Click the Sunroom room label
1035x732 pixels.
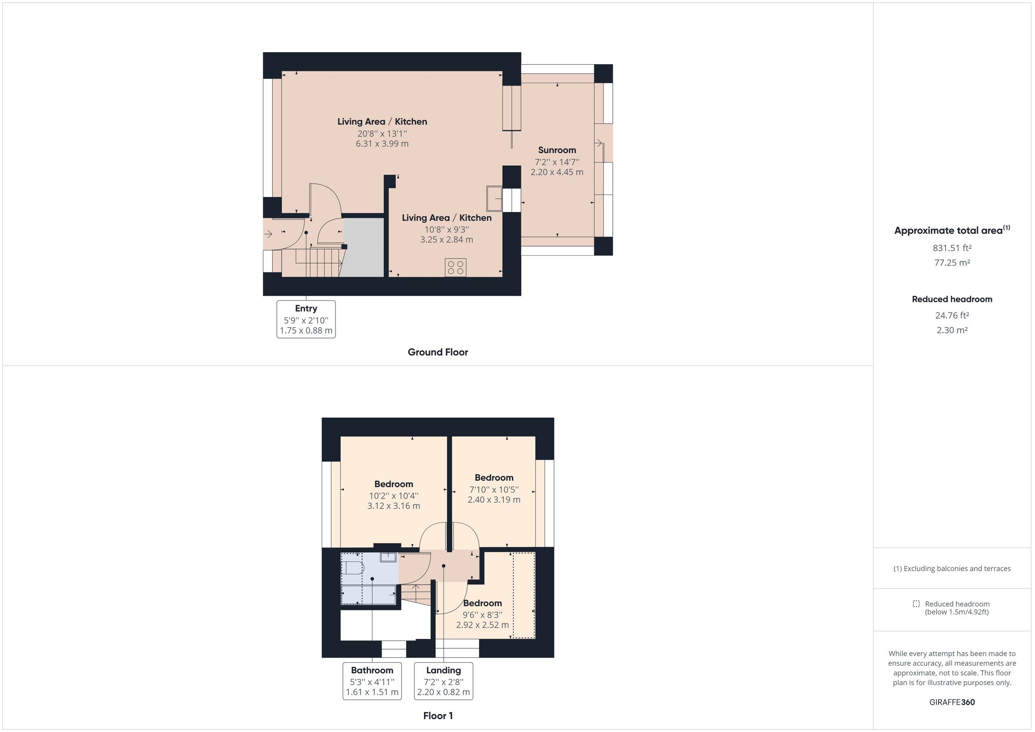pos(557,150)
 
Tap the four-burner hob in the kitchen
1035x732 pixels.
pos(455,267)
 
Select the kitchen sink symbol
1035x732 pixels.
pos(495,198)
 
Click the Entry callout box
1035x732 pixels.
pos(306,319)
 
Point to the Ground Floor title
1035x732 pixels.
pos(438,352)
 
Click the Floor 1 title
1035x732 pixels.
pos(438,716)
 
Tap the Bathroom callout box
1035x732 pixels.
pos(372,681)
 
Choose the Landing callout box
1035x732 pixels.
pos(443,681)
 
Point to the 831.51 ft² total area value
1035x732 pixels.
pos(952,248)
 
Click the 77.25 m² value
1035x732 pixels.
pos(952,263)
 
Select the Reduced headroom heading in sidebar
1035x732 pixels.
pos(952,299)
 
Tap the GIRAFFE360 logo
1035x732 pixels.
pos(952,702)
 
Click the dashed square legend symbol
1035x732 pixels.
pos(916,604)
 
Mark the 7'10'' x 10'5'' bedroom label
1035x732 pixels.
pos(494,489)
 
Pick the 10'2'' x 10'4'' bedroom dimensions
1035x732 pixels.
pos(394,496)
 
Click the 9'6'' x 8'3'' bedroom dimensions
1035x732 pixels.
pos(482,615)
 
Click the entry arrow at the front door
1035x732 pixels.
pos(268,234)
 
